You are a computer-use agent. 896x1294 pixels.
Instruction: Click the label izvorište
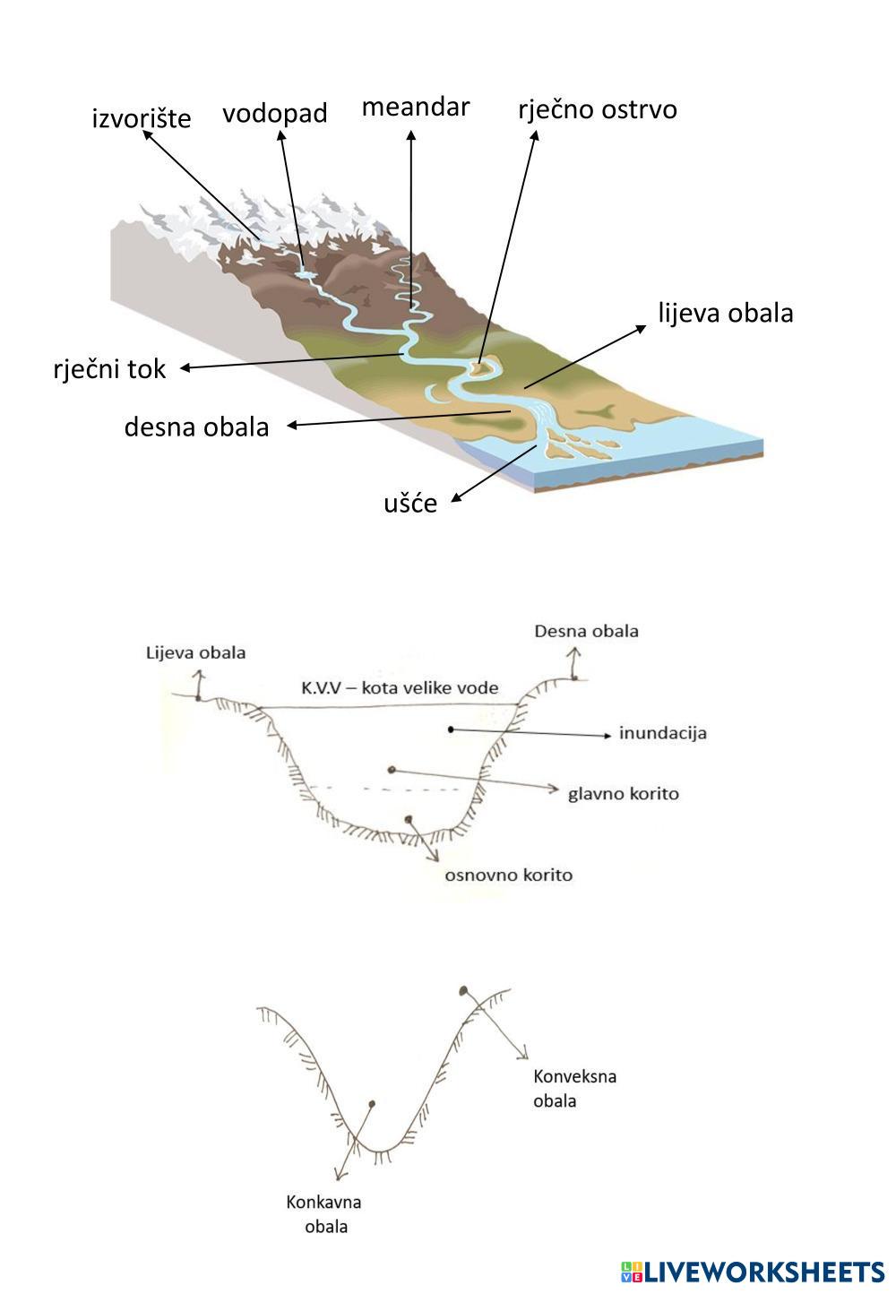click(141, 118)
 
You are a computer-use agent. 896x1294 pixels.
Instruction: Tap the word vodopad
click(275, 113)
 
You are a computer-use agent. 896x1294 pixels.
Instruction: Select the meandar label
click(416, 107)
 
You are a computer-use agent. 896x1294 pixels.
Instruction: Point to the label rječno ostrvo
click(598, 109)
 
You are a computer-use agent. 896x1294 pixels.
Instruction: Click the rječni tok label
click(110, 369)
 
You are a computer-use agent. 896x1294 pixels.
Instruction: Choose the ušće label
click(410, 503)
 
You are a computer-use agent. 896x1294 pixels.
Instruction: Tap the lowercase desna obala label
click(196, 427)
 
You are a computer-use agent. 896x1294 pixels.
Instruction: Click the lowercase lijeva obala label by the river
click(726, 313)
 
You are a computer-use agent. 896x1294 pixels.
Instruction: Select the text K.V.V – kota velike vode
click(400, 688)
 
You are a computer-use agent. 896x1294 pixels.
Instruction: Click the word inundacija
click(663, 734)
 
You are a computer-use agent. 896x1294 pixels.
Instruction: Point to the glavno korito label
click(624, 794)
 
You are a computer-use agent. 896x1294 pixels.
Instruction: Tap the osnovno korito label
click(508, 876)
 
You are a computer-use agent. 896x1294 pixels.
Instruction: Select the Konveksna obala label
click(574, 1089)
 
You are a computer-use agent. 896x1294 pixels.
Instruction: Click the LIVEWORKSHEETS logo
click(752, 1272)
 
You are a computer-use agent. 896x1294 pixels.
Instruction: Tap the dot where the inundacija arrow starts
click(451, 729)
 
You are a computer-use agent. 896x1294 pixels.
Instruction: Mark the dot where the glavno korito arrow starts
click(391, 770)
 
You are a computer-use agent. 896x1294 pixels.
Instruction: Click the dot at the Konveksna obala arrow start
click(462, 990)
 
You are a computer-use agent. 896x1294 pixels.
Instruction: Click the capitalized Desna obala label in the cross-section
click(586, 631)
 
